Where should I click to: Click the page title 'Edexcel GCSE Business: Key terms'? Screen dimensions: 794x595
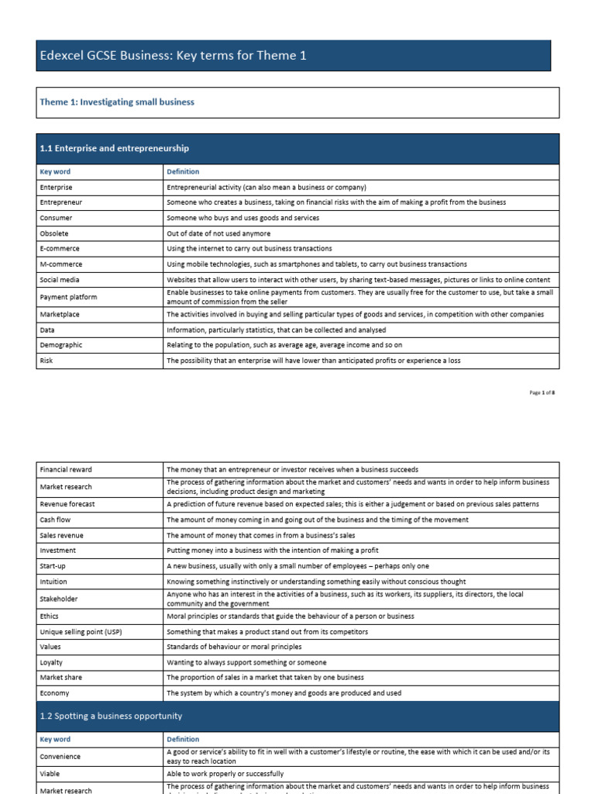[167, 56]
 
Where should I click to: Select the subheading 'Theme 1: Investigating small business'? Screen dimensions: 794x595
[117, 102]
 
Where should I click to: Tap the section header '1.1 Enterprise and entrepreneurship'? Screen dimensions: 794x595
[114, 148]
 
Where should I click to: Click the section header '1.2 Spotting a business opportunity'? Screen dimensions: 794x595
[111, 716]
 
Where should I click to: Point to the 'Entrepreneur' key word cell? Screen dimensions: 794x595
[61, 202]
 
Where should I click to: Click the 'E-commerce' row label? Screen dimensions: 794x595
[60, 249]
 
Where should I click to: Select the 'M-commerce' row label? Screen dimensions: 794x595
[60, 264]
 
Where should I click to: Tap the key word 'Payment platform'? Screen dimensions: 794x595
[68, 297]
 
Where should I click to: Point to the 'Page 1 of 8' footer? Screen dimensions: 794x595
[542, 392]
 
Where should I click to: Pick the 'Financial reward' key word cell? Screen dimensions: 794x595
[66, 470]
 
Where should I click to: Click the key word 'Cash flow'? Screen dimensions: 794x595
[55, 520]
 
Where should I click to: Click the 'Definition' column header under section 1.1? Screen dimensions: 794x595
[183, 171]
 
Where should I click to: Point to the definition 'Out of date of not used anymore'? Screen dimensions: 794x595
[218, 233]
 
